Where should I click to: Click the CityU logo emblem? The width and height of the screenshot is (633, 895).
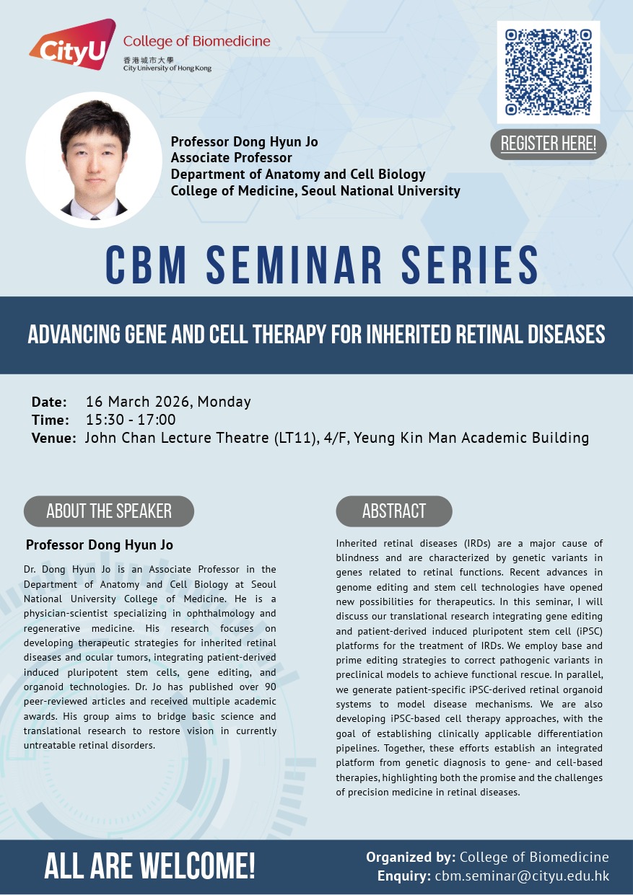pyautogui.click(x=72, y=44)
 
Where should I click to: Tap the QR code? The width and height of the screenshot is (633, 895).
pyautogui.click(x=549, y=72)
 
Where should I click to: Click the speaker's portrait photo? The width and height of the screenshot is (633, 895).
pyautogui.click(x=94, y=160)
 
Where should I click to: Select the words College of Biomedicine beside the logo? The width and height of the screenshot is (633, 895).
pyautogui.click(x=197, y=41)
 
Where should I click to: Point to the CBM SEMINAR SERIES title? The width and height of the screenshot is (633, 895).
pyautogui.click(x=322, y=265)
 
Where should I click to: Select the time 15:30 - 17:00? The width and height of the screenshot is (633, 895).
pyautogui.click(x=131, y=420)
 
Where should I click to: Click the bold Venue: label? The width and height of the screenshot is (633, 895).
pyautogui.click(x=53, y=438)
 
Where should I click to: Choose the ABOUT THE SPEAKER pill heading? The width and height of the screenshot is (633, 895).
pyautogui.click(x=109, y=511)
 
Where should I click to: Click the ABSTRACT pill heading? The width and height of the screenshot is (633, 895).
pyautogui.click(x=394, y=511)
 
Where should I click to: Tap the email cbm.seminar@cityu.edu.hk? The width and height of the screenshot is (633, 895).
pyautogui.click(x=522, y=876)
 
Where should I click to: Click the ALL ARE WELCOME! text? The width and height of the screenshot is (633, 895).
pyautogui.click(x=149, y=866)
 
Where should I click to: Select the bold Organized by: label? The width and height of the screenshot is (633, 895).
pyautogui.click(x=411, y=857)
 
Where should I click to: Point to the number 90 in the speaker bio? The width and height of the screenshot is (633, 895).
pyautogui.click(x=271, y=687)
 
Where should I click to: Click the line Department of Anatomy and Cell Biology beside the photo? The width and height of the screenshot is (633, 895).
pyautogui.click(x=298, y=175)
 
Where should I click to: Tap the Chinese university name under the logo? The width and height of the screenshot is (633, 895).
pyautogui.click(x=149, y=61)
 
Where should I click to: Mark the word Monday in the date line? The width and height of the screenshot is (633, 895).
pyautogui.click(x=224, y=402)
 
